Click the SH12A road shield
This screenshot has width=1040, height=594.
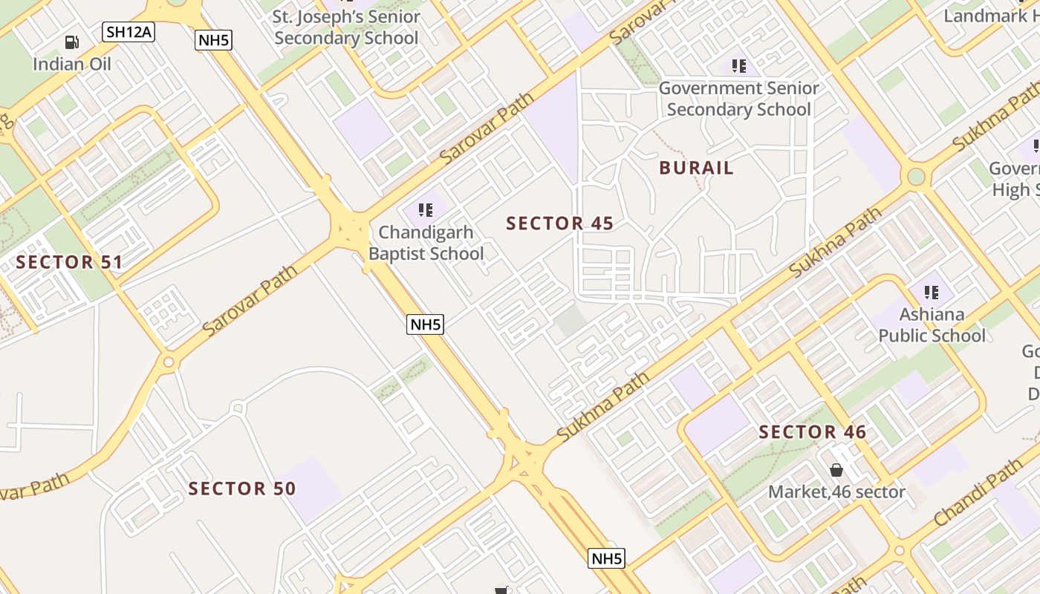click(x=128, y=31)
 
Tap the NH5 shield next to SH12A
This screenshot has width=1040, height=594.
click(x=214, y=40)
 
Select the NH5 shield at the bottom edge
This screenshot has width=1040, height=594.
click(x=606, y=558)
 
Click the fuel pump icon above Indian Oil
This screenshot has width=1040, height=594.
click(x=72, y=43)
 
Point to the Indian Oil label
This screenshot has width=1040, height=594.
click(x=72, y=64)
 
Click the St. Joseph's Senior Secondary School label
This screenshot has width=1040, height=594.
click(x=346, y=27)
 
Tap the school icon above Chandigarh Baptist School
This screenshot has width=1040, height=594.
click(x=426, y=210)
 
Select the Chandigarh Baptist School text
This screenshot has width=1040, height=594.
click(x=426, y=243)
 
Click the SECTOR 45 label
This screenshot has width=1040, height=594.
click(x=560, y=223)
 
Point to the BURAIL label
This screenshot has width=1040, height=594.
click(x=696, y=168)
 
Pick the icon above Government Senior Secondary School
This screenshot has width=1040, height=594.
click(x=738, y=67)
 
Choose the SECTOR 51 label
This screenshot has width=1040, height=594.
click(x=69, y=262)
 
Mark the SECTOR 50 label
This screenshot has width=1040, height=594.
click(x=242, y=489)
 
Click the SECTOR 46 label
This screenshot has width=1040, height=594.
click(x=813, y=432)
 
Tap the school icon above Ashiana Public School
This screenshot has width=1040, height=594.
click(x=932, y=293)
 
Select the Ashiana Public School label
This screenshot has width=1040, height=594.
click(x=932, y=325)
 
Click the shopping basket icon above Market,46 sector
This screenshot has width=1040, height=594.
click(x=836, y=470)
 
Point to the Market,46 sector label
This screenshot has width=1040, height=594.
click(x=836, y=492)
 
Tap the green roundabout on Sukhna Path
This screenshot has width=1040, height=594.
click(x=917, y=177)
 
